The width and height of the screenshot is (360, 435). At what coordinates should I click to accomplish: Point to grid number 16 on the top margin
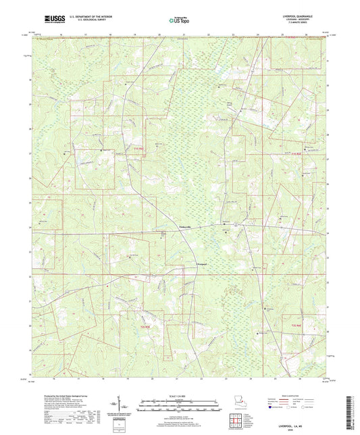60,34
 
